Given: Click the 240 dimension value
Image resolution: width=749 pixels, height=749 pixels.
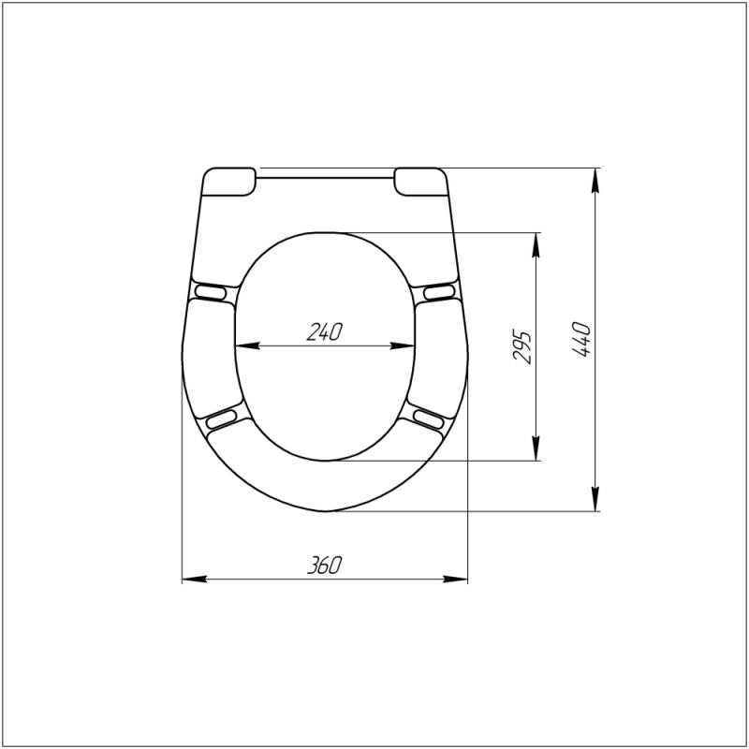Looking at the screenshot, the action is point(324,332).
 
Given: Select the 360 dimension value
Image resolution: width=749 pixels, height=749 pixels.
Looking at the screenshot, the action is point(324,565).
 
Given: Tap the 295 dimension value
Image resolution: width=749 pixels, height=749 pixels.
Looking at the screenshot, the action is point(521,346).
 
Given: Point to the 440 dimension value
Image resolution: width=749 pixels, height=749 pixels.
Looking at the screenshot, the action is point(581,339).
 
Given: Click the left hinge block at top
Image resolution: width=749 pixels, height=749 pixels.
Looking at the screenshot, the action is point(229,182).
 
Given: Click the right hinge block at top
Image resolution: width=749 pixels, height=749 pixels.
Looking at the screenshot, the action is point(420,182).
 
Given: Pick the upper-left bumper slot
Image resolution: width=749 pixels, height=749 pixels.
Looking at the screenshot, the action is point(211,291).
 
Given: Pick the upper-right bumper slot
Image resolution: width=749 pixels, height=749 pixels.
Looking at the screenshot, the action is point(439,291).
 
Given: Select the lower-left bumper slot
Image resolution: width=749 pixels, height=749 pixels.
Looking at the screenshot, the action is point(221,419).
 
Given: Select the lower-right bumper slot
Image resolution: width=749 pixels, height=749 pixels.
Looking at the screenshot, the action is point(429,419).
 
